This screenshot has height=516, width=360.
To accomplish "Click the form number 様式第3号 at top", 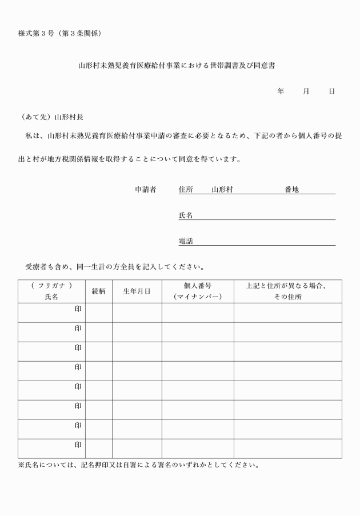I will (59, 33).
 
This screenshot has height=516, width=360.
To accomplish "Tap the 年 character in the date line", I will (281, 91).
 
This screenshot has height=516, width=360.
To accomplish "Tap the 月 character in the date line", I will (306, 91).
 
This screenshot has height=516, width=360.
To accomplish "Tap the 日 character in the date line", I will (332, 91).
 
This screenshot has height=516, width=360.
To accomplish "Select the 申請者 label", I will (145, 189).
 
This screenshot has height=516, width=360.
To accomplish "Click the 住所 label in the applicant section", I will (186, 189).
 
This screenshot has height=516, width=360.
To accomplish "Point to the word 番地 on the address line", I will (291, 189).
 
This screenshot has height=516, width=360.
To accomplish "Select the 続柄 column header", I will (99, 291).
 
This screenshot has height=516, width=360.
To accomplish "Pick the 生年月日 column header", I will (137, 291).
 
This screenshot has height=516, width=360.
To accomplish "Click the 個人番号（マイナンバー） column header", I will (198, 291).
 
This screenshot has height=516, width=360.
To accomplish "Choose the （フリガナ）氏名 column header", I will (51, 291).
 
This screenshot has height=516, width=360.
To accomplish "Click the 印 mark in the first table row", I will (78, 309).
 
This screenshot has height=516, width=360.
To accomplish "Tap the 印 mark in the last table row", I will (78, 445).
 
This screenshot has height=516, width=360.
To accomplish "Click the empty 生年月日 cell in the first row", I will (137, 313).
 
